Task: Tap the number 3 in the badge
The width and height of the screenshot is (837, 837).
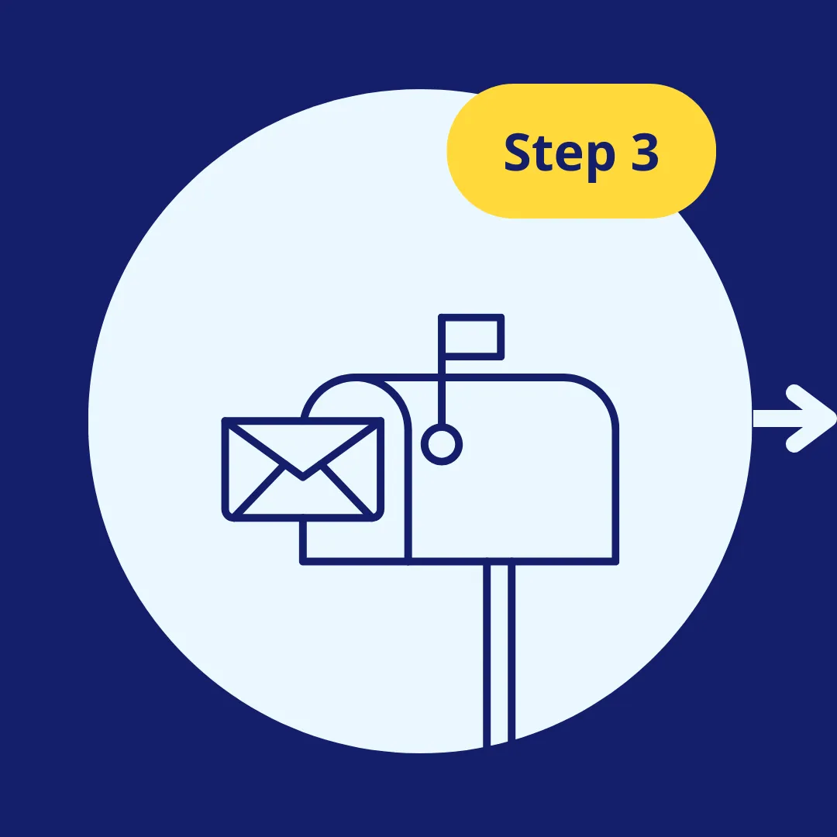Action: (642, 153)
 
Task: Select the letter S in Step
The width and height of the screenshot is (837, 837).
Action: (518, 153)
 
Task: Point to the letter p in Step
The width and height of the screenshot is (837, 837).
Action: (598, 159)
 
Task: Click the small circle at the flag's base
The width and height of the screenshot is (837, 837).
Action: (442, 445)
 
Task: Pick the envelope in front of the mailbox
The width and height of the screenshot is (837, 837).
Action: (303, 469)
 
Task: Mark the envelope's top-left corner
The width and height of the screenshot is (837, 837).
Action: (226, 421)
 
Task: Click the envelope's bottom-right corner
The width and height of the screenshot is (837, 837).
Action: (380, 516)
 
